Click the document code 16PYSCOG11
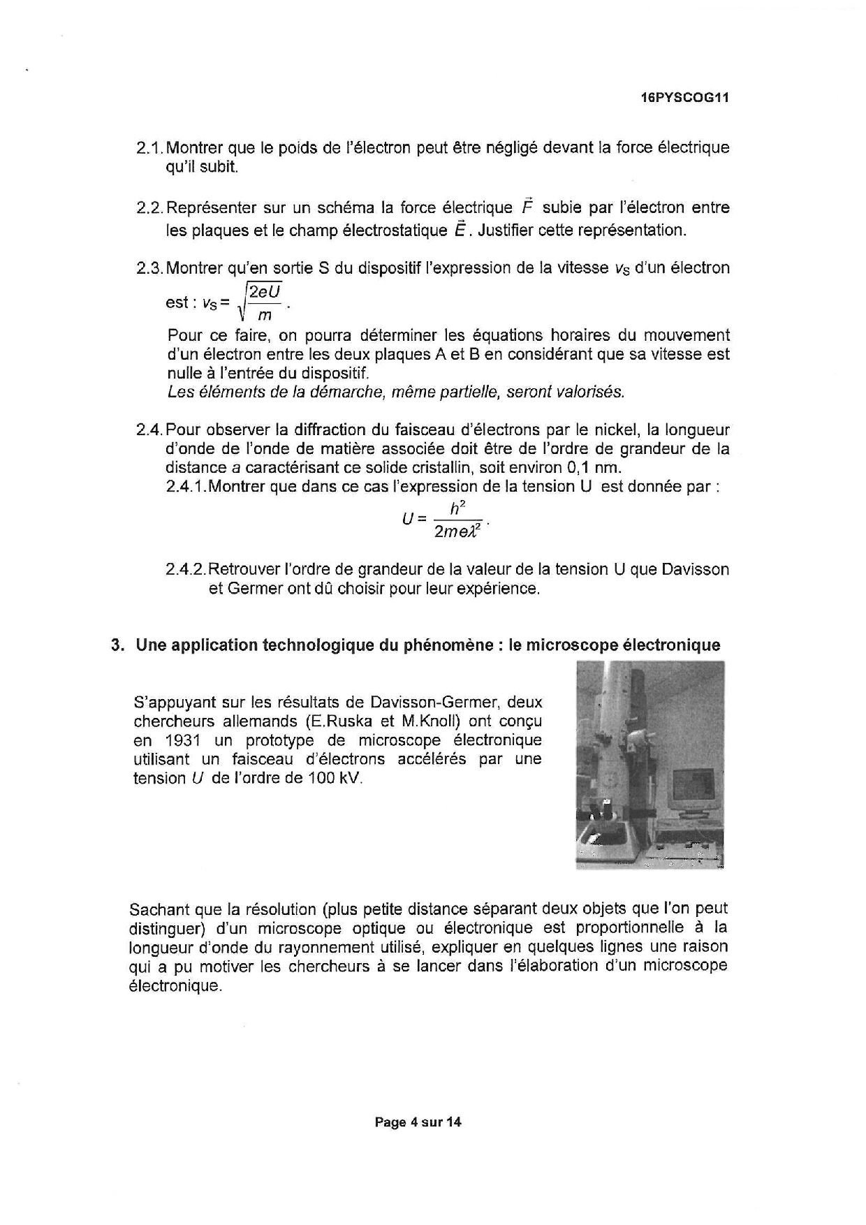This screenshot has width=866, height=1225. (684, 98)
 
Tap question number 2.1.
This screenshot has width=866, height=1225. (149, 148)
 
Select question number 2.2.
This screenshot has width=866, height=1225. (149, 208)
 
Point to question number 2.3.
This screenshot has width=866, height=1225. (149, 268)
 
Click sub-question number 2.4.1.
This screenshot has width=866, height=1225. (186, 486)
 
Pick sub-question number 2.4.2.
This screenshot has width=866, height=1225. (186, 569)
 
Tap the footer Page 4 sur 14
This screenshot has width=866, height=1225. (418, 1122)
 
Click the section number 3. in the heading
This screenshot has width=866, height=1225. (117, 645)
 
